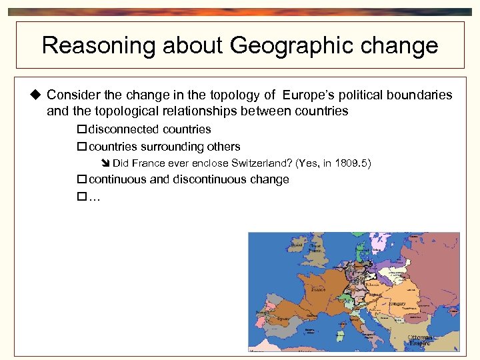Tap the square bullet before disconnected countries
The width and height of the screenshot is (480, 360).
pyautogui.click(x=82, y=129)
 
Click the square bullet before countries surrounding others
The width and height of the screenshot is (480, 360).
pyautogui.click(x=82, y=147)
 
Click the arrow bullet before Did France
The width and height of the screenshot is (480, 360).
pyautogui.click(x=106, y=163)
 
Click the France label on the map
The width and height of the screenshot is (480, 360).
pyautogui.click(x=317, y=289)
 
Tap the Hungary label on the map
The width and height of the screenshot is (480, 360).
pyautogui.click(x=397, y=303)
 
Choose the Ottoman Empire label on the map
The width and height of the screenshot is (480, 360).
pyautogui.click(x=421, y=340)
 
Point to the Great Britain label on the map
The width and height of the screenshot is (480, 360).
pyautogui.click(x=315, y=248)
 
